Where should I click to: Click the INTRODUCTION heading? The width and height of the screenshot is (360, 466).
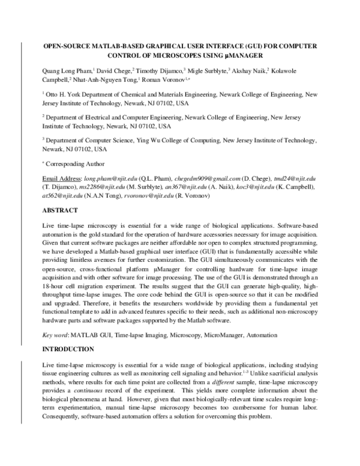click(68, 349)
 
